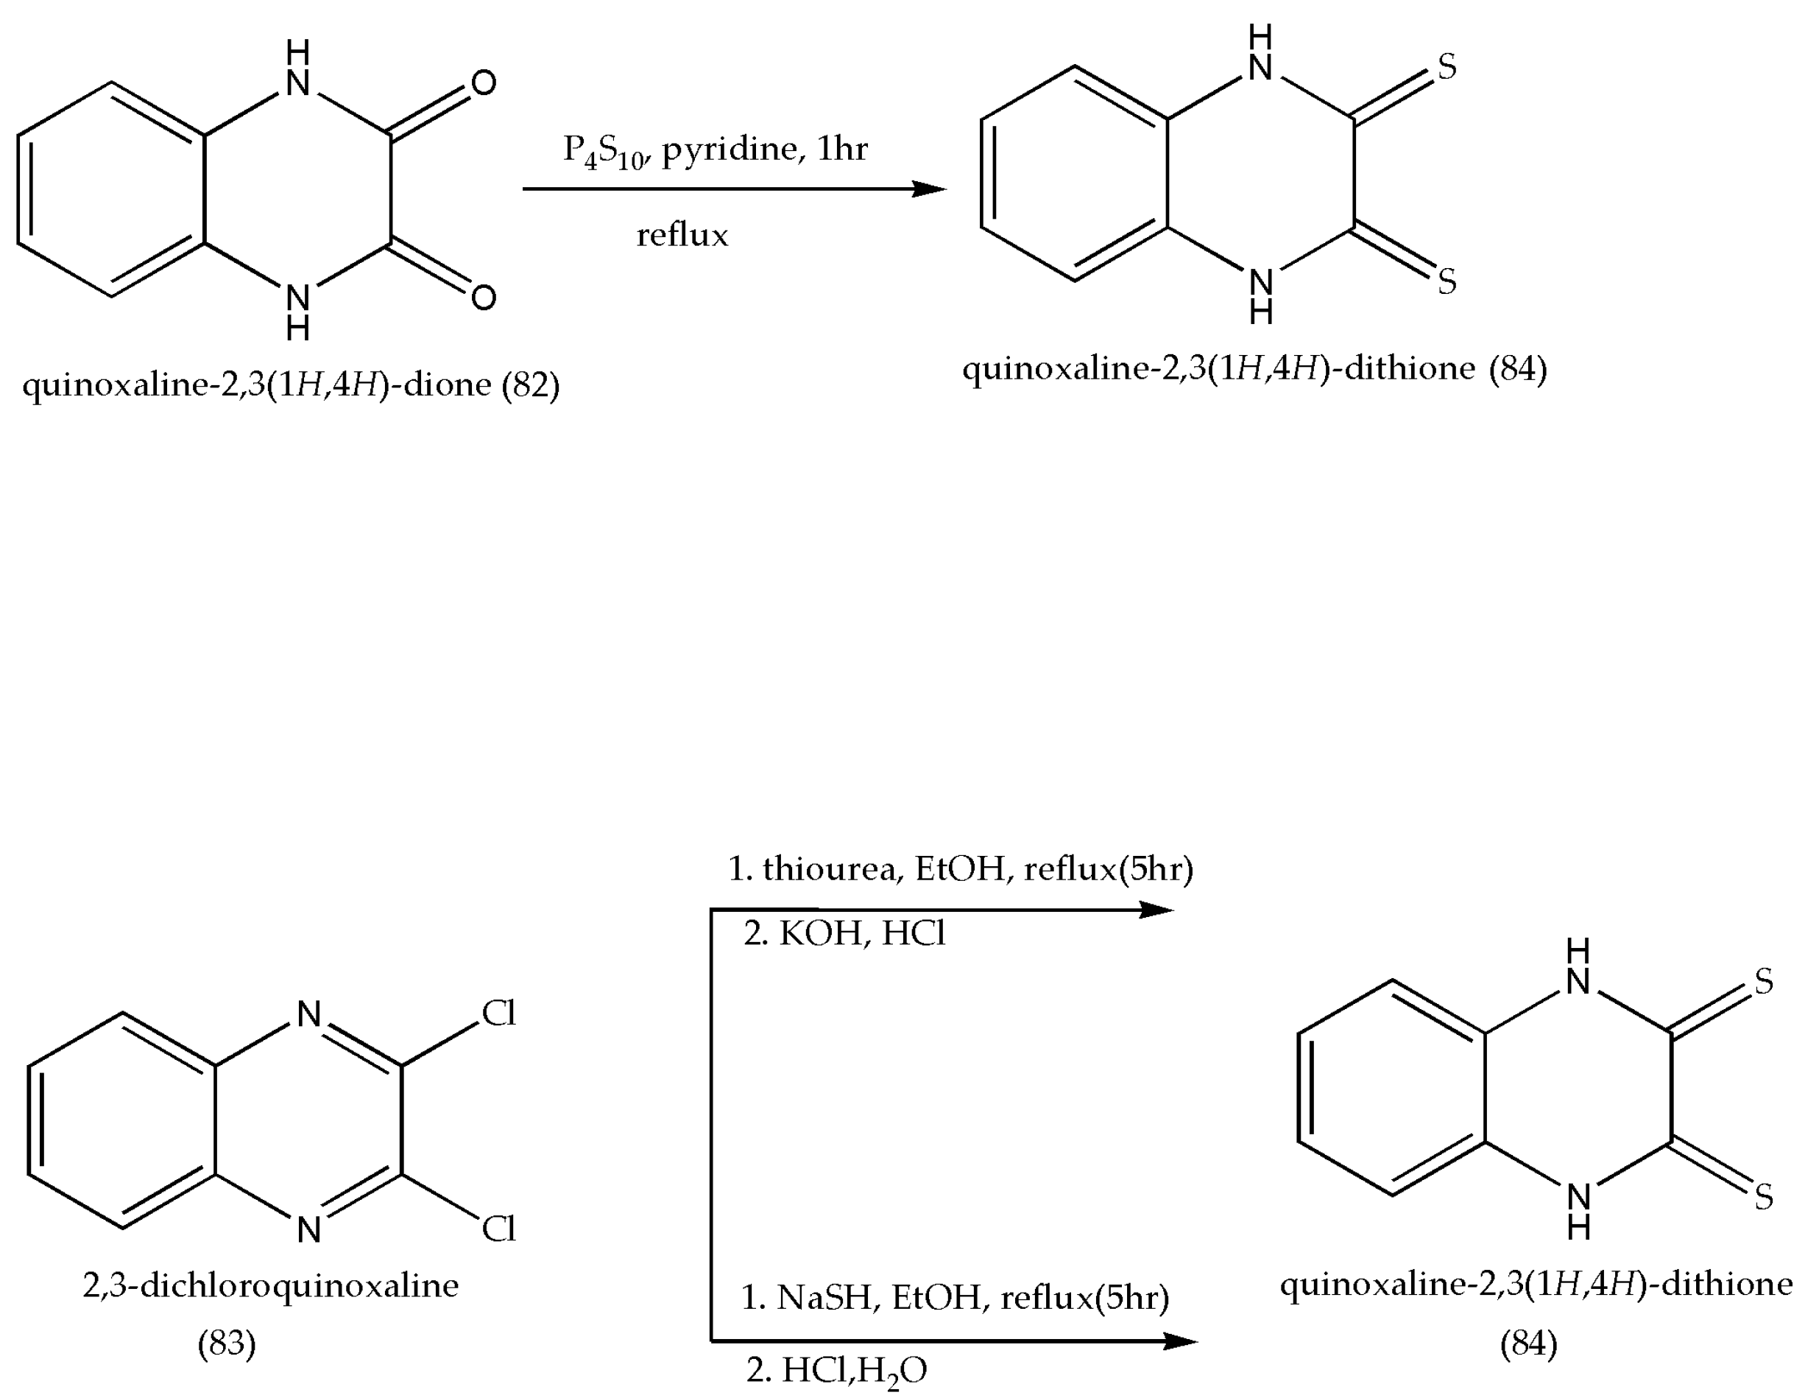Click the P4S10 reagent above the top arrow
pyautogui.click(x=604, y=152)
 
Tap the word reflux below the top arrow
pyautogui.click(x=682, y=236)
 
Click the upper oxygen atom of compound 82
pyautogui.click(x=483, y=82)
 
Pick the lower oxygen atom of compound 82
pyautogui.click(x=483, y=297)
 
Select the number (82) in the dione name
pyautogui.click(x=530, y=384)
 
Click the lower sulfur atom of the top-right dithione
pyautogui.click(x=1447, y=281)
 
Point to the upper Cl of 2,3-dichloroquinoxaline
pyautogui.click(x=499, y=1013)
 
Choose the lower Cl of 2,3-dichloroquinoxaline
pyautogui.click(x=499, y=1229)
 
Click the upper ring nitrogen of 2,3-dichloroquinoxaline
pyautogui.click(x=308, y=1014)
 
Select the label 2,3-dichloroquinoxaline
pyautogui.click(x=270, y=1285)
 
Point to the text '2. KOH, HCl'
pyautogui.click(x=844, y=934)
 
